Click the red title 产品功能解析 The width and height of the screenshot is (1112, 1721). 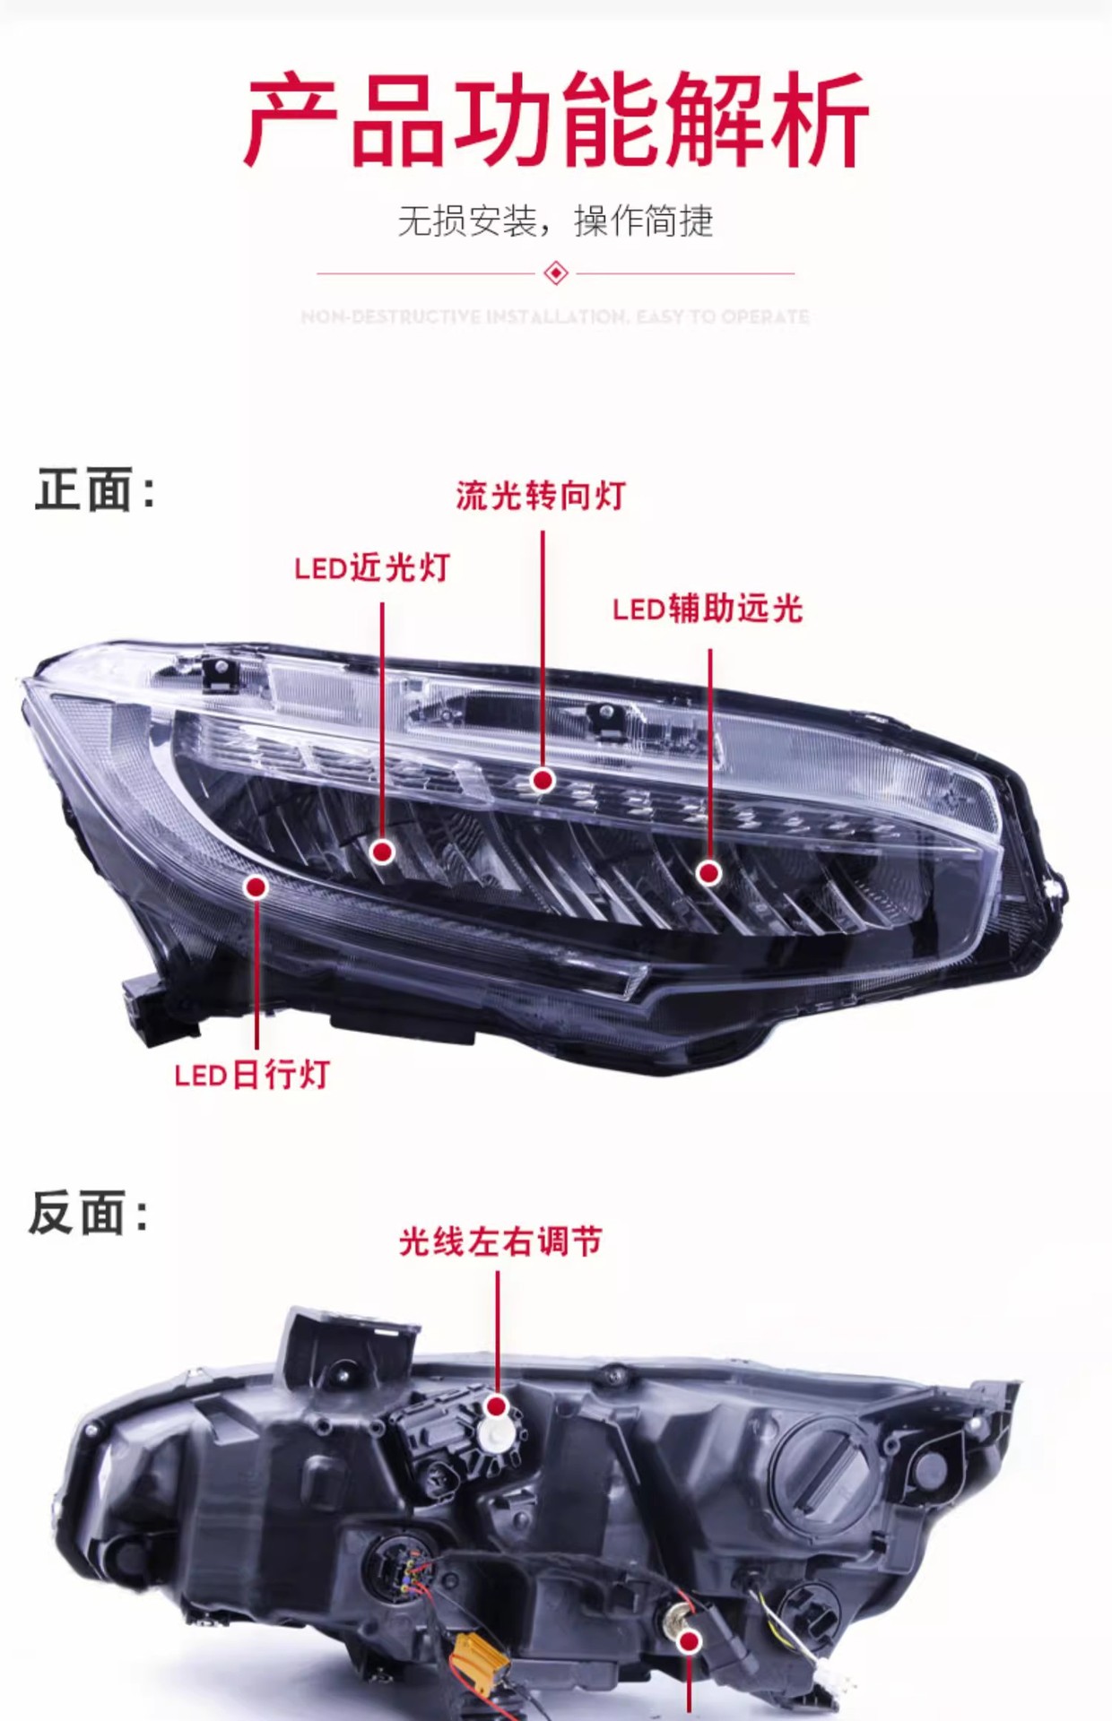tap(556, 121)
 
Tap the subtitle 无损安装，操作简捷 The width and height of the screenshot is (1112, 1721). tap(556, 221)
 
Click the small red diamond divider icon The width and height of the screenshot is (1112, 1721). tap(556, 272)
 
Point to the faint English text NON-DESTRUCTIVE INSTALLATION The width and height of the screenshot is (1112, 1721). tap(556, 316)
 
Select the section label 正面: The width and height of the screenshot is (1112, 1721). tap(94, 490)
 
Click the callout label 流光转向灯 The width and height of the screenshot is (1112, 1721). tap(540, 496)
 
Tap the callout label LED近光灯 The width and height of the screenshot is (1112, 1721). tap(372, 567)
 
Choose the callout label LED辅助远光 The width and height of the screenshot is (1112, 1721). tap(708, 610)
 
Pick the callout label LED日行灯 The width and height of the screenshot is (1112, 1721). tap(252, 1075)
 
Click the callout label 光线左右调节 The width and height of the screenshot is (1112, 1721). tap(500, 1242)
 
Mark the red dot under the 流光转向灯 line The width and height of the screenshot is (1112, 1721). tap(542, 781)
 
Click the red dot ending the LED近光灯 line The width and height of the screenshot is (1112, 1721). tap(383, 852)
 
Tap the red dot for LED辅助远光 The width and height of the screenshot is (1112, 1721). tap(709, 872)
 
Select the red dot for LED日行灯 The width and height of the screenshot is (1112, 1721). tap(256, 887)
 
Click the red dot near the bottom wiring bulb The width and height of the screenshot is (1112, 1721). tap(690, 1641)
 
